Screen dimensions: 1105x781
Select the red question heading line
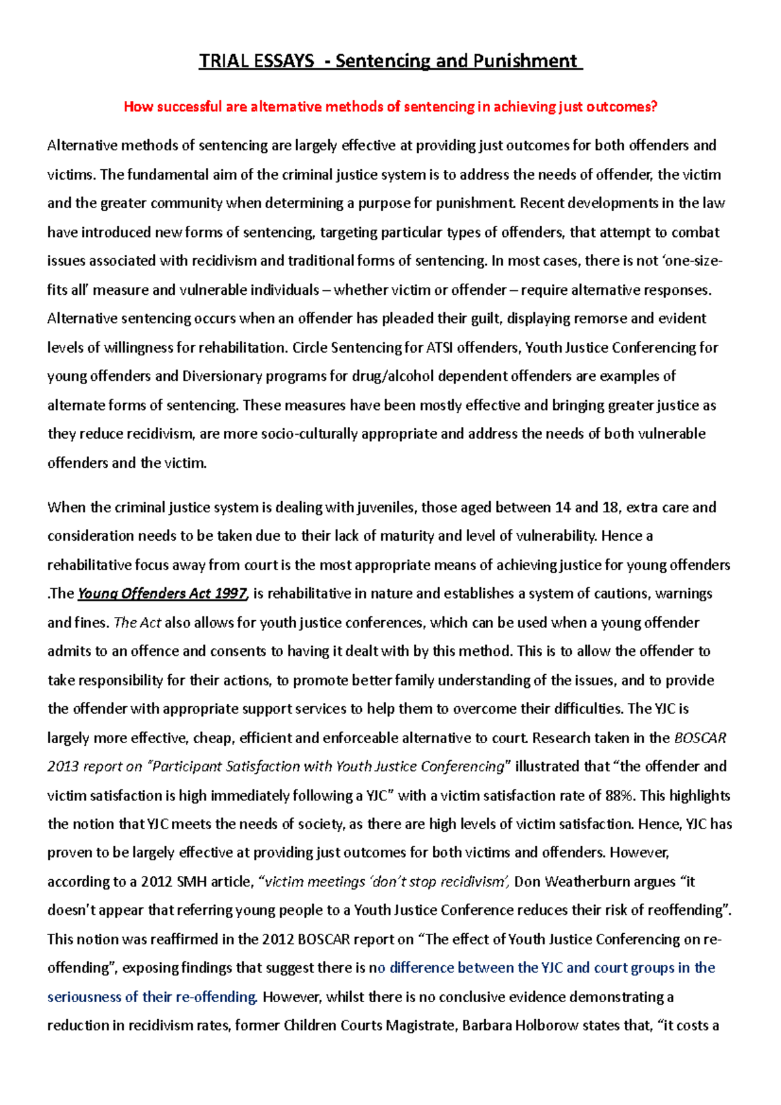390,107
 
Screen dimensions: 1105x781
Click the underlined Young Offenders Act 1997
162,593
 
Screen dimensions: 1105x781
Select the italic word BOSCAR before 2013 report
700,738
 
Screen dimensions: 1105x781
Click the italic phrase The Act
137,623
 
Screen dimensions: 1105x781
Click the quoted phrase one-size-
691,261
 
